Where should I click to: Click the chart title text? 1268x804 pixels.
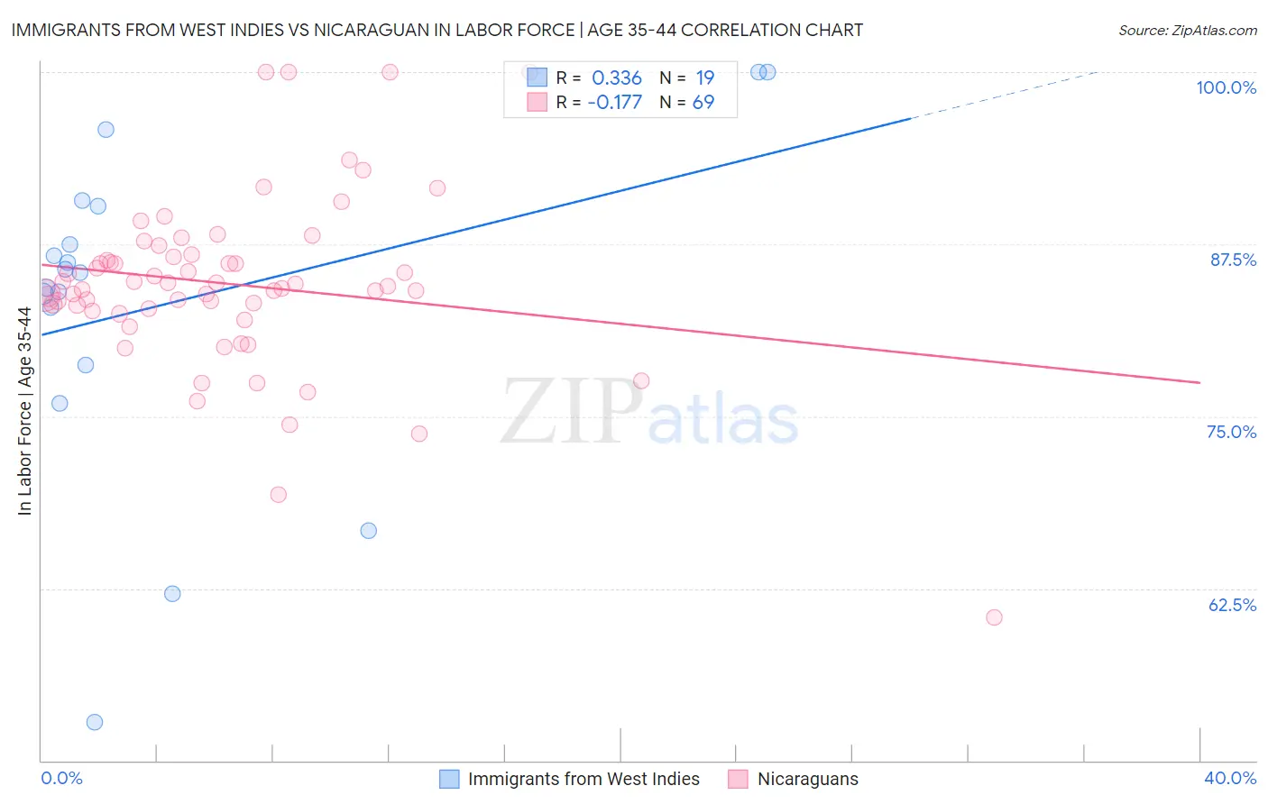(x=436, y=30)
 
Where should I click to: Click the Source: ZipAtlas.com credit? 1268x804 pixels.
(x=1187, y=30)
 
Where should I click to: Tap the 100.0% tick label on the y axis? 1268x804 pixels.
(x=1226, y=87)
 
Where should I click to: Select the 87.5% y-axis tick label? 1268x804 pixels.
(x=1233, y=260)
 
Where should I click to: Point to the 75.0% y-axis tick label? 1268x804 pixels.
(x=1231, y=432)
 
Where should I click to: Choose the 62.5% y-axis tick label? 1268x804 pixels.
(x=1232, y=605)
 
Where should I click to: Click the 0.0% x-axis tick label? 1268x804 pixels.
(x=61, y=778)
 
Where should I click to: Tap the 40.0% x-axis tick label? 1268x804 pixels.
(x=1230, y=778)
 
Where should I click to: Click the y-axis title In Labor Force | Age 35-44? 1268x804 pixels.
(x=24, y=411)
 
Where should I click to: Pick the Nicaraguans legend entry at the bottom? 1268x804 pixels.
(x=807, y=779)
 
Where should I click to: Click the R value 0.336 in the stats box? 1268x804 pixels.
(x=617, y=78)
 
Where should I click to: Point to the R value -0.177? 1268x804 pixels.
(x=614, y=102)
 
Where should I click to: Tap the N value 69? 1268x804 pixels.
(x=703, y=102)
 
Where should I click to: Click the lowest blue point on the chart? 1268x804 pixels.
(x=95, y=722)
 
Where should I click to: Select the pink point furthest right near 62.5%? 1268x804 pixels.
(x=994, y=617)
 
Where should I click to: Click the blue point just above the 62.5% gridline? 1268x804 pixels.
(x=172, y=594)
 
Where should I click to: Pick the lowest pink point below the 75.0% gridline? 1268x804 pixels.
(x=279, y=495)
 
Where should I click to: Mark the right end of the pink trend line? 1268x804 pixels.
(x=1199, y=383)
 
